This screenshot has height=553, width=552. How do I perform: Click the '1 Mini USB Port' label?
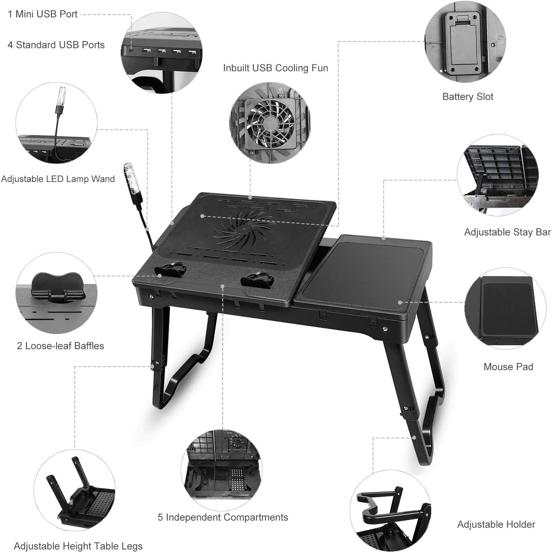[42, 14]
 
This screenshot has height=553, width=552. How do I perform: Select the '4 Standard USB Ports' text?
[56, 45]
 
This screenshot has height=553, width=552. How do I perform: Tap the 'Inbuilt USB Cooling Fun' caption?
[275, 68]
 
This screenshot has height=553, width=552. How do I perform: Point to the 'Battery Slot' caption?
[467, 97]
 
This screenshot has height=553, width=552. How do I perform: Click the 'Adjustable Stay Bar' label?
[507, 232]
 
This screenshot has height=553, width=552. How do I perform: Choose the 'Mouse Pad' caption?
[508, 367]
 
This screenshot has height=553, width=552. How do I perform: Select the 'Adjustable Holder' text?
[496, 525]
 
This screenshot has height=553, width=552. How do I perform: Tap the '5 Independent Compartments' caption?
[223, 517]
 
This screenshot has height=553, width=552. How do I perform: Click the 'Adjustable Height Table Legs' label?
[78, 546]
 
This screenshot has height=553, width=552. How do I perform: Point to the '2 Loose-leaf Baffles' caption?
[60, 346]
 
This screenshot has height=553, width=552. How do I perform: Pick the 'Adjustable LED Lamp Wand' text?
[58, 179]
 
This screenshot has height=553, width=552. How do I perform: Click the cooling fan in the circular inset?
[271, 124]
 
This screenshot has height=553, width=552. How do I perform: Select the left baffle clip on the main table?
[171, 270]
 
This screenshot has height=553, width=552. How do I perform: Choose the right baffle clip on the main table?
[257, 280]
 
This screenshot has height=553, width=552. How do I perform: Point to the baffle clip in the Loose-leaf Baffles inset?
[58, 286]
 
